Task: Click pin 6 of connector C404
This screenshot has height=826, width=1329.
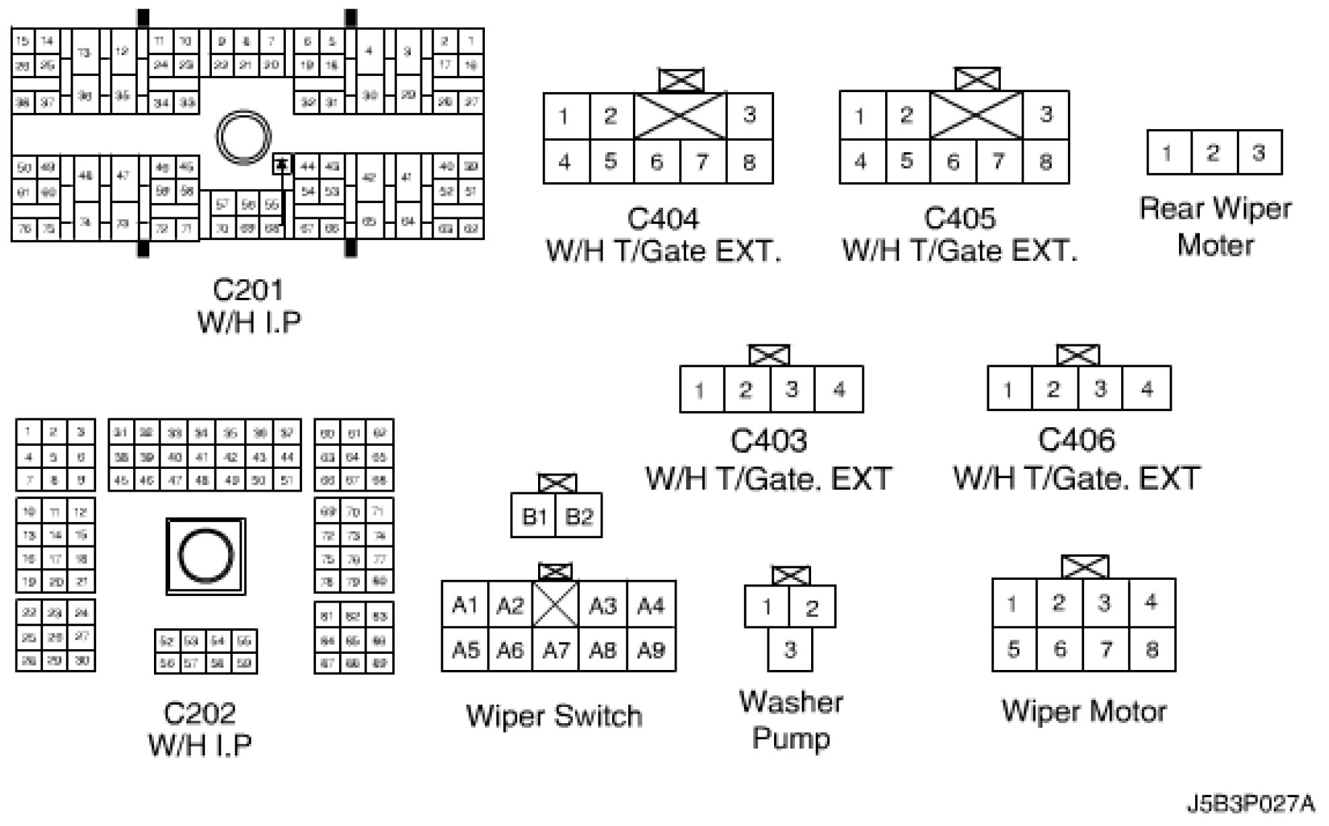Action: [656, 162]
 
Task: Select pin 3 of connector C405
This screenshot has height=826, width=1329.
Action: [1045, 115]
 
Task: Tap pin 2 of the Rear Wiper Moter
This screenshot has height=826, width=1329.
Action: [1213, 153]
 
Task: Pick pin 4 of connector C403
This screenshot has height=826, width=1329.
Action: [839, 389]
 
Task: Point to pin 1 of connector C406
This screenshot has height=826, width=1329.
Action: [1008, 389]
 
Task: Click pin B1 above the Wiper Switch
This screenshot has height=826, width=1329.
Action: [533, 517]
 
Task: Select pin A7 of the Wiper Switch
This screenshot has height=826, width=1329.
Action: [556, 650]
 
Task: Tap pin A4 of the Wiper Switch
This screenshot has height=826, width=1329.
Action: [650, 606]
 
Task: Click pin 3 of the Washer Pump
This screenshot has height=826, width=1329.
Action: [790, 650]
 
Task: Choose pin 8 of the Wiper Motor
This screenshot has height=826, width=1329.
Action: [1152, 650]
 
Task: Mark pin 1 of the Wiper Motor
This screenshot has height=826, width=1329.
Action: [1013, 603]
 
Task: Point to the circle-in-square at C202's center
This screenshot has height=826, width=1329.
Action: [206, 556]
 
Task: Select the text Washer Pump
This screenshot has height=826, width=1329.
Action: [791, 720]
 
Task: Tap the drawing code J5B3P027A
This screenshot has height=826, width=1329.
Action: [1250, 804]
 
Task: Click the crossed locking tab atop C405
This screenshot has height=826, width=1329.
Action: [977, 79]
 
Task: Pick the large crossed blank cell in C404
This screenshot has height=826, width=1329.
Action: [680, 116]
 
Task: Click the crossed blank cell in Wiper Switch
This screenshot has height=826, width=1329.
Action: [555, 605]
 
